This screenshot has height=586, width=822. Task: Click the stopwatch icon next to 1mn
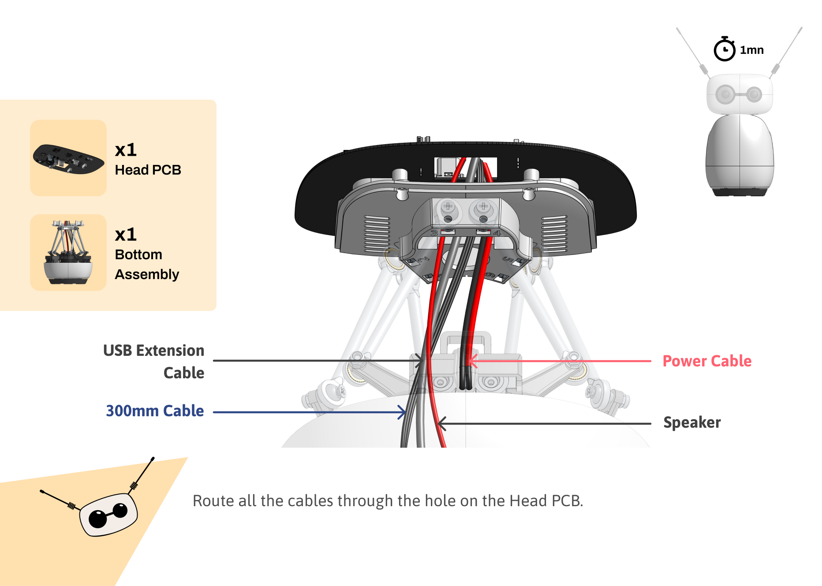coord(724,49)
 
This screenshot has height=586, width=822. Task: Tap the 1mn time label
coord(751,50)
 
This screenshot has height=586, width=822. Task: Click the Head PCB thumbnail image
coord(68,158)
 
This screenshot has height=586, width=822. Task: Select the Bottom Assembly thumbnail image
coord(68,252)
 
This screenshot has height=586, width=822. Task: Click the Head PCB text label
coord(148,170)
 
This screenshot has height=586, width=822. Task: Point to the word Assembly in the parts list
coord(147,274)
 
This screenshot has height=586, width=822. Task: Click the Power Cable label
coord(706,361)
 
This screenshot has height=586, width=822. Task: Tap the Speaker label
coord(691,422)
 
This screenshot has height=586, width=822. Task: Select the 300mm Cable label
coord(155,411)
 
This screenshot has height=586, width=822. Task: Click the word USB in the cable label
coord(117,351)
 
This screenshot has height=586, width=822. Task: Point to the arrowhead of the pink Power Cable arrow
coord(471,361)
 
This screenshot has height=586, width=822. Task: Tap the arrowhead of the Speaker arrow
coord(441,424)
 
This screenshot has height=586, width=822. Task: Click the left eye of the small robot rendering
coord(725,94)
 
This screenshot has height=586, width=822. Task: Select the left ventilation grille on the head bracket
coord(377,234)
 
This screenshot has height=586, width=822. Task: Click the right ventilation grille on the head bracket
coord(554,234)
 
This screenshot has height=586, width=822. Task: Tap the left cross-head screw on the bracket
coord(448,206)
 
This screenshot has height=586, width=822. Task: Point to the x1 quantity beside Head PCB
coord(126,150)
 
